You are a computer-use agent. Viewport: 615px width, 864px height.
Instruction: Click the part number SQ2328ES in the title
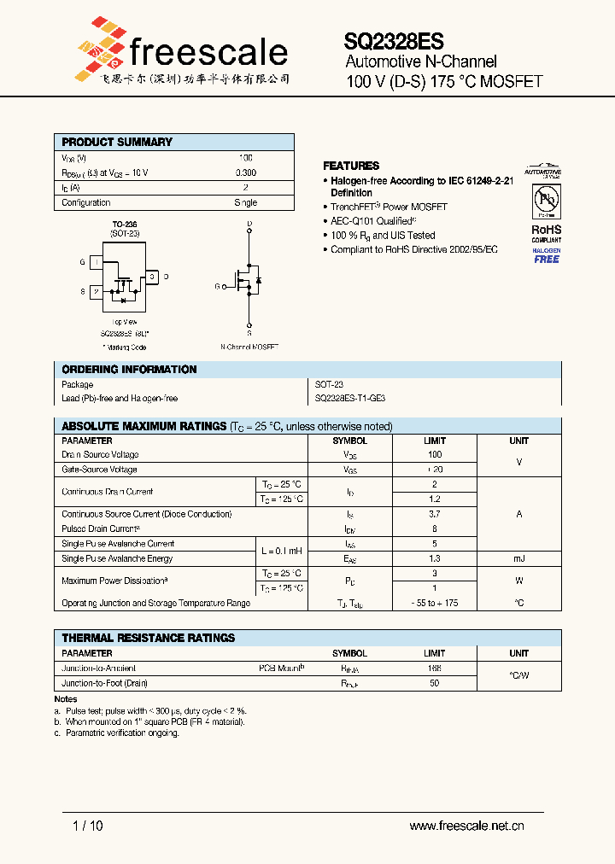tap(394, 40)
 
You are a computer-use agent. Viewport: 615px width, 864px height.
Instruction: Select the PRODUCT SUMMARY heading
tap(117, 142)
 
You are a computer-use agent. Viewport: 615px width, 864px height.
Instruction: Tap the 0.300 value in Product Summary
tap(245, 172)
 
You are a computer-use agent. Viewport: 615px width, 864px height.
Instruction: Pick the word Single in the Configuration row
tap(245, 202)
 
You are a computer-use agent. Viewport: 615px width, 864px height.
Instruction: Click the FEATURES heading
tap(351, 166)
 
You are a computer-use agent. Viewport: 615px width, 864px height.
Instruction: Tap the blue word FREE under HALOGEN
tap(547, 260)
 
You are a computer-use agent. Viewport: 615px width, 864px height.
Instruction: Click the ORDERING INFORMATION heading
tap(129, 370)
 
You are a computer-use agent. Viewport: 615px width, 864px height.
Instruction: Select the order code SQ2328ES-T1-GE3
tap(350, 399)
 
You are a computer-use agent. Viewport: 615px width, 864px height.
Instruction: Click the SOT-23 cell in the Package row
tap(329, 384)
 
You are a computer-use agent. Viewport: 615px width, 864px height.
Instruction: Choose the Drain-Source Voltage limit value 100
tap(435, 455)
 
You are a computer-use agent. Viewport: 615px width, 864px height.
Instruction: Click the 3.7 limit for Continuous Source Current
tap(435, 514)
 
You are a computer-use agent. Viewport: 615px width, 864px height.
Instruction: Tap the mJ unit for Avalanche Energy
tap(519, 558)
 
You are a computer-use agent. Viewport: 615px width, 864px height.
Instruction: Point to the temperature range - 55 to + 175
tap(435, 603)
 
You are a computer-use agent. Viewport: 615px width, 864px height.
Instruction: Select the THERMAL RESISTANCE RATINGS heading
tap(148, 638)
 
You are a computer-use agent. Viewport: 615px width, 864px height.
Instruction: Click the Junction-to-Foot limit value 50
tap(435, 683)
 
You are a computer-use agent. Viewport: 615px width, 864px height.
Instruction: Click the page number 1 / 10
tap(88, 826)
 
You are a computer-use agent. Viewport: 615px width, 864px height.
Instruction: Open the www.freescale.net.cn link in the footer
tap(466, 826)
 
